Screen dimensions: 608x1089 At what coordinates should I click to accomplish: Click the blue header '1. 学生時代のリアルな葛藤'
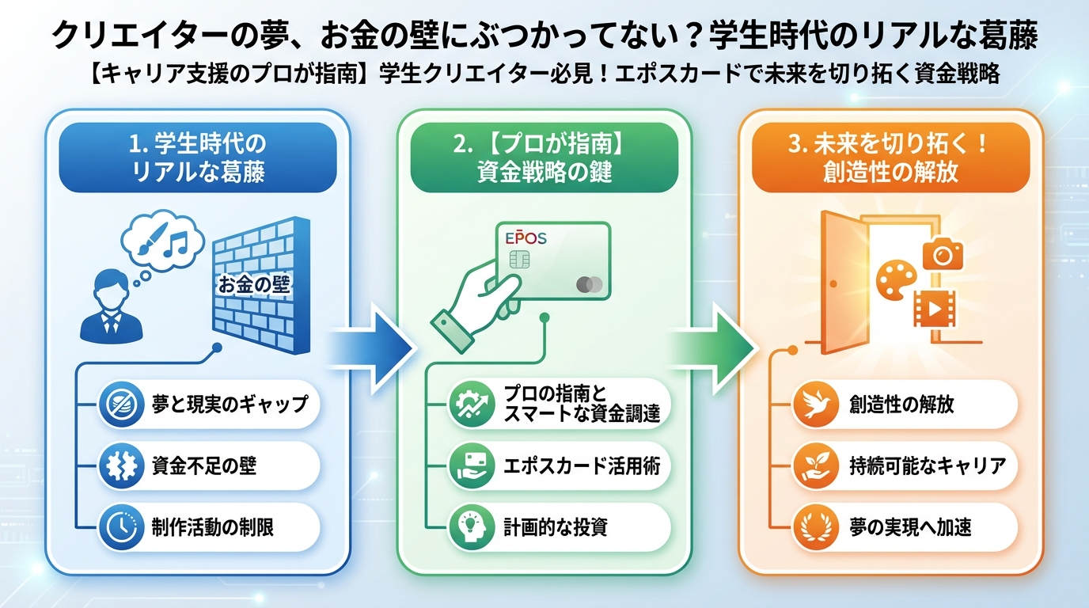pyautogui.click(x=198, y=157)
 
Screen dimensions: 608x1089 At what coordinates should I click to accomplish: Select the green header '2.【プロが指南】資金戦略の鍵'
pyautogui.click(x=544, y=157)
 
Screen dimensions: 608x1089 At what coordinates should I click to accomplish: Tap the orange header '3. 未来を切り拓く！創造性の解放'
pyautogui.click(x=890, y=157)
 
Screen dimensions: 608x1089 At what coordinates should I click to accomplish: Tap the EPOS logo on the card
pyautogui.click(x=526, y=237)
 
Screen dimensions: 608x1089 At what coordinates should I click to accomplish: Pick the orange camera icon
pyautogui.click(x=942, y=255)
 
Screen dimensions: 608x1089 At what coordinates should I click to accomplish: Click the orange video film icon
pyautogui.click(x=935, y=309)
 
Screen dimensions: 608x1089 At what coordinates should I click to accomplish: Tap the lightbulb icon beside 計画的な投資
pyautogui.click(x=466, y=527)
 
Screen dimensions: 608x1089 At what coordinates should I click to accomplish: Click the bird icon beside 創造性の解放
pyautogui.click(x=812, y=405)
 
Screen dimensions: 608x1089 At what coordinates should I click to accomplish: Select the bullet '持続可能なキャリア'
pyautogui.click(x=904, y=466)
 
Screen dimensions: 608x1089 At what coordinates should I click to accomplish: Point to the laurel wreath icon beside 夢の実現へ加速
pyautogui.click(x=812, y=527)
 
